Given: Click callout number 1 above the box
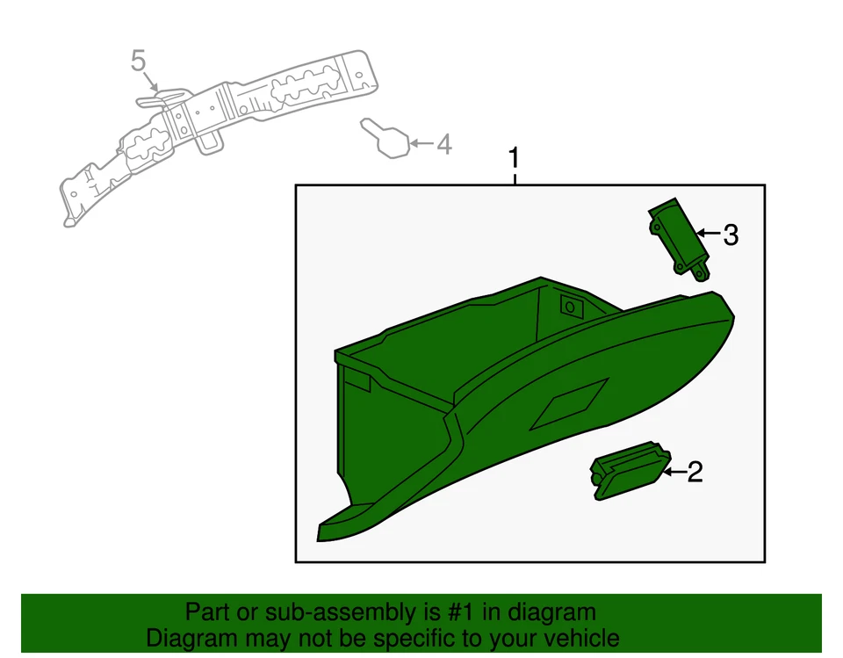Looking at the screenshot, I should point(515,159).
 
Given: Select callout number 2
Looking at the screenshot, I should point(695,473).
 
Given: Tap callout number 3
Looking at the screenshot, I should point(730,235).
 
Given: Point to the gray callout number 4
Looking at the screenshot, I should point(444,144).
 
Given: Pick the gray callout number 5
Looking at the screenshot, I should point(139,61).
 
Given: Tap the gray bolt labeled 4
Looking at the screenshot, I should point(387,139).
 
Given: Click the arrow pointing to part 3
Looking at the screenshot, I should point(709,235).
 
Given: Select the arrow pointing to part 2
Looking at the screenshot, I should point(674,473).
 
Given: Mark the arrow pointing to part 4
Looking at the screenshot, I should point(422,143).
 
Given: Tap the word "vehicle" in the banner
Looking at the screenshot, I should point(580,639).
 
